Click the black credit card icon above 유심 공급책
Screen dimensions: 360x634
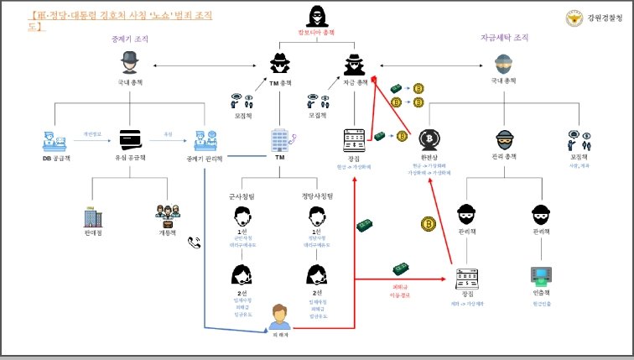[129, 138]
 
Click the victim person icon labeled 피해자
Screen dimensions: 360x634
[279, 316]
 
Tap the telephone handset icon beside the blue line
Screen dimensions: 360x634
[195, 243]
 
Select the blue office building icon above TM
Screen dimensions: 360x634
[280, 139]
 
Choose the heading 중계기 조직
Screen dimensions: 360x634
[128, 38]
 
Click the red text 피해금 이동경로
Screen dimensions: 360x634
[400, 291]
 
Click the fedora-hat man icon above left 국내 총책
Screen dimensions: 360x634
[129, 62]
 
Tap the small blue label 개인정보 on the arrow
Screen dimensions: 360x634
[92, 133]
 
